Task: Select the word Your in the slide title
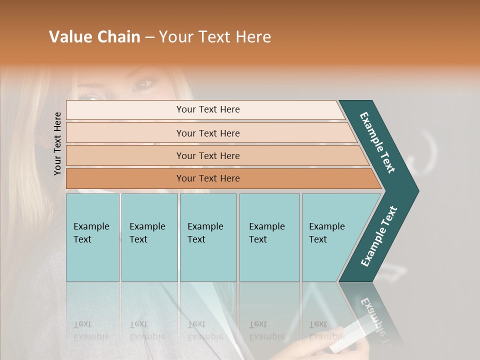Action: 175,37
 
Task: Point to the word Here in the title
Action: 253,37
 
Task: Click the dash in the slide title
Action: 149,37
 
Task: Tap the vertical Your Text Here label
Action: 57,143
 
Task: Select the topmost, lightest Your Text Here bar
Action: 207,109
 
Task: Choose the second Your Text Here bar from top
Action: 207,133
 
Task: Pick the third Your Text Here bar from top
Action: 207,155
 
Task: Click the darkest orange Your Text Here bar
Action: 207,178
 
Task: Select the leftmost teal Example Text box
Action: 92,237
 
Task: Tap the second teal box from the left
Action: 149,237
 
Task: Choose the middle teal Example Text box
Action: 208,237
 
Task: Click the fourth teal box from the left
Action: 269,237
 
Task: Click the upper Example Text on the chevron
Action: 377,142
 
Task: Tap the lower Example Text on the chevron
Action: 379,236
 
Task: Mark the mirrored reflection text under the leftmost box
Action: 91,330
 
